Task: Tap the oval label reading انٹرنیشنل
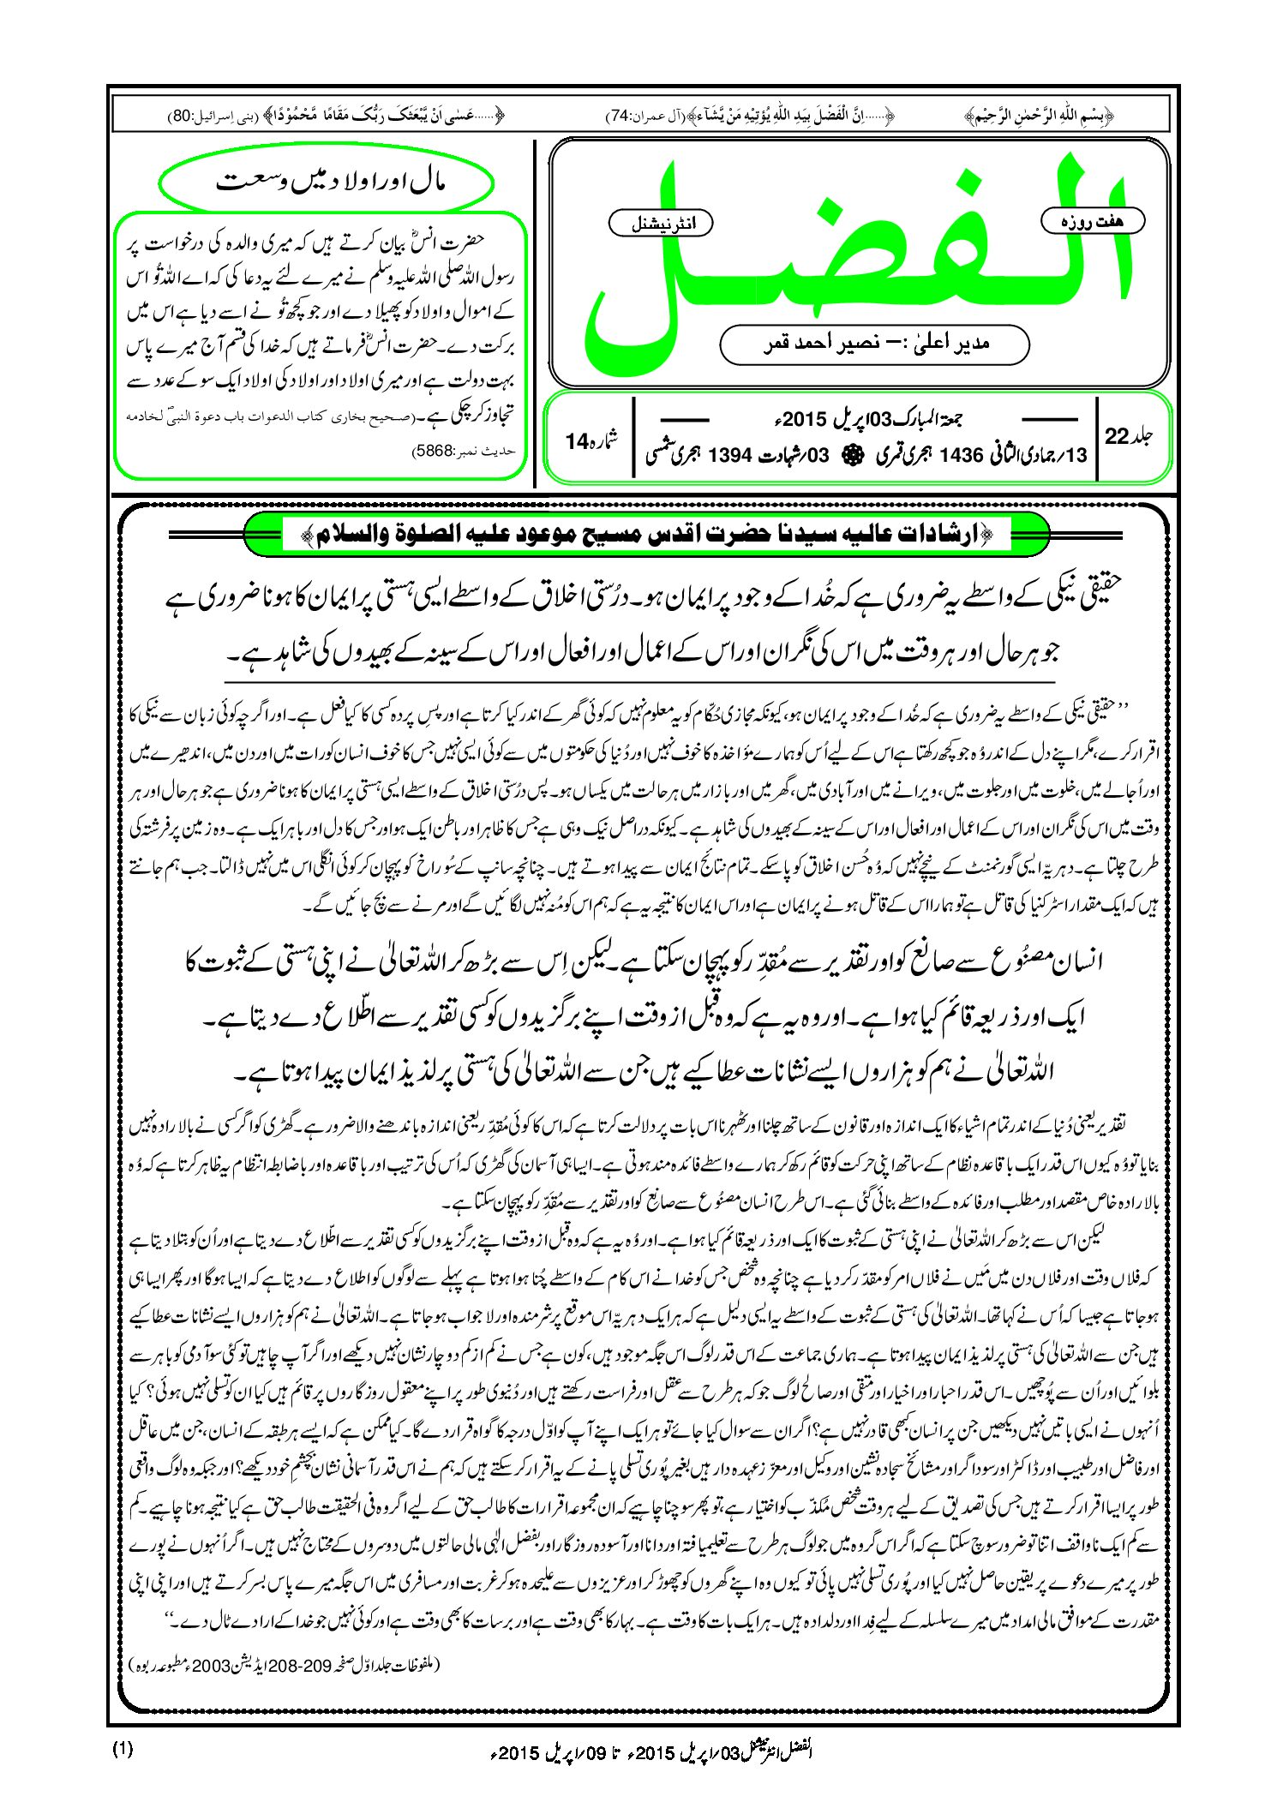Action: tap(660, 224)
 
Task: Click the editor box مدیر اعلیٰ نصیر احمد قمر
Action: tap(874, 344)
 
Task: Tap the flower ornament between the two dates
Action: tap(850, 455)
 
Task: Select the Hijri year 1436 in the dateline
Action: tap(961, 456)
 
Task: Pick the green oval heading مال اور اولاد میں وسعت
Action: tap(327, 183)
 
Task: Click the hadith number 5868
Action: tap(436, 449)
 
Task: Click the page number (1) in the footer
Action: tap(123, 1749)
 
